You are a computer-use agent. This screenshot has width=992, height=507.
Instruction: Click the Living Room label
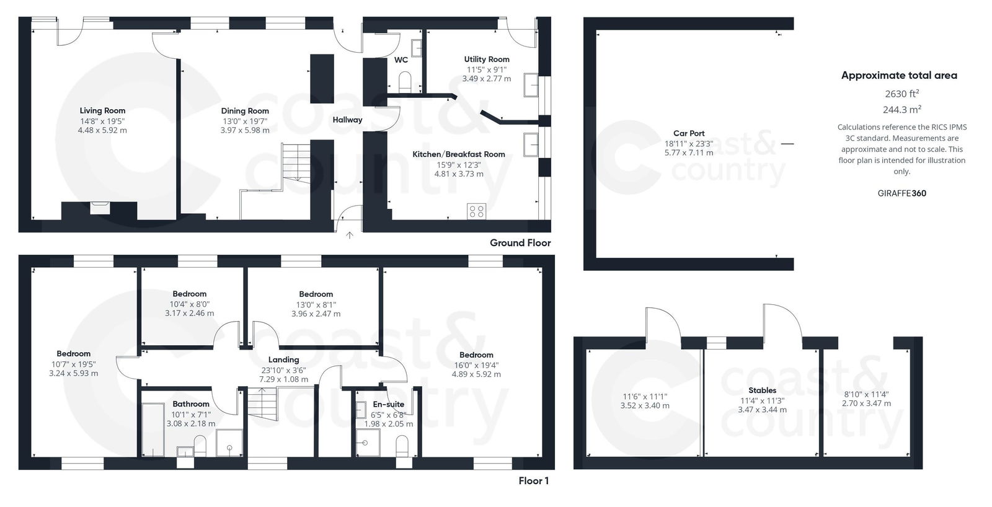pyautogui.click(x=102, y=111)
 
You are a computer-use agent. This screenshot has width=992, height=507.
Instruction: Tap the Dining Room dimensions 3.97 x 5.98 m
pyautogui.click(x=245, y=130)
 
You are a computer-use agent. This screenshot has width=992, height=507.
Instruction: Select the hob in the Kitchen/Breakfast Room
pyautogui.click(x=476, y=211)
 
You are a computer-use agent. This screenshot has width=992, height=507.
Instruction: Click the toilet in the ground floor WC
pyautogui.click(x=405, y=82)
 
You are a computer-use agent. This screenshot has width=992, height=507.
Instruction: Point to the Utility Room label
pyautogui.click(x=487, y=60)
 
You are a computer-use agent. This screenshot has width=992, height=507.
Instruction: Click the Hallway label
pyautogui.click(x=347, y=120)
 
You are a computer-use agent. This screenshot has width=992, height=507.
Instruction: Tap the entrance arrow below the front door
pyautogui.click(x=350, y=236)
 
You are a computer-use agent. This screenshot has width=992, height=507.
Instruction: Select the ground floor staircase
pyautogui.click(x=295, y=162)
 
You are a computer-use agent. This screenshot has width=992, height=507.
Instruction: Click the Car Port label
pyautogui.click(x=689, y=133)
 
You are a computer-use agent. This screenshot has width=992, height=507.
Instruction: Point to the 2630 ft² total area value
pyautogui.click(x=901, y=94)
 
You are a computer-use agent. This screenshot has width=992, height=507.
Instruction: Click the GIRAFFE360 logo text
pyautogui.click(x=901, y=193)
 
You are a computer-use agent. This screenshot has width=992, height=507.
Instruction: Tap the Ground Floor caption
pyautogui.click(x=520, y=243)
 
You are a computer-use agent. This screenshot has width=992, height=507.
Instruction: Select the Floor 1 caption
pyautogui.click(x=533, y=481)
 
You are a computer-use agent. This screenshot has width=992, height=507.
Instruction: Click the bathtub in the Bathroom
pyautogui.click(x=153, y=430)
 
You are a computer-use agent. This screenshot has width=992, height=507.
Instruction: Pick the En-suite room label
pyautogui.click(x=389, y=404)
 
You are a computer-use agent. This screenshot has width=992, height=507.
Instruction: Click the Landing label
pyautogui.click(x=283, y=359)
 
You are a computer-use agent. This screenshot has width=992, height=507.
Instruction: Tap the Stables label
pyautogui.click(x=762, y=390)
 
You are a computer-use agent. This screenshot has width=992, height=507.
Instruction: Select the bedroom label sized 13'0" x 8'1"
pyautogui.click(x=316, y=294)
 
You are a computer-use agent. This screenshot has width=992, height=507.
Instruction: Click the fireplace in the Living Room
pyautogui.click(x=99, y=208)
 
